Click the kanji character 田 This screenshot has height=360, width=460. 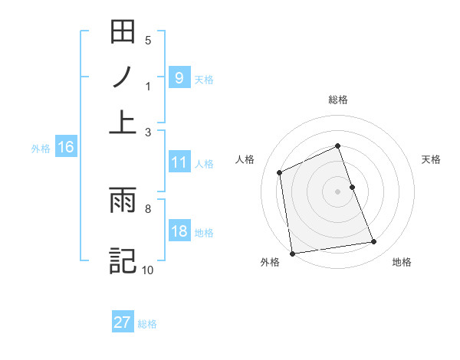tap(123, 33)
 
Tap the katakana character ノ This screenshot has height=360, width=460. tap(123, 77)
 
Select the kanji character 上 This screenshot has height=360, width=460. tap(123, 120)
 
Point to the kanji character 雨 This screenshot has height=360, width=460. tap(123, 203)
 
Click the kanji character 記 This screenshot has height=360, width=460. tap(123, 260)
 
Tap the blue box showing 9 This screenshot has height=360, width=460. tap(179, 78)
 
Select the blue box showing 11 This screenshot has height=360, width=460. tap(179, 162)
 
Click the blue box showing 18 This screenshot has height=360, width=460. tap(179, 232)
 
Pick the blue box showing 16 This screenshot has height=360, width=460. tap(66, 148)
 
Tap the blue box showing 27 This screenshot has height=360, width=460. tap(123, 322)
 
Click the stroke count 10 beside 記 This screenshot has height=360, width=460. tap(147, 270)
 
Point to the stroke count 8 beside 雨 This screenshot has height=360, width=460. tap(147, 208)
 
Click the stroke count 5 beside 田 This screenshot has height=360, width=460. tap(147, 40)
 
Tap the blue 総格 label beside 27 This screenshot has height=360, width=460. tap(147, 324)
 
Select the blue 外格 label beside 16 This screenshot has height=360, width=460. tap(41, 149)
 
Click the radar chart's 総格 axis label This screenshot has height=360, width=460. tap(337, 100)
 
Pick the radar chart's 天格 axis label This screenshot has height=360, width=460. tap(432, 159)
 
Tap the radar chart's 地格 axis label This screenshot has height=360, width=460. tap(402, 263)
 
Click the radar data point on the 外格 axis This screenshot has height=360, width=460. tap(292, 253)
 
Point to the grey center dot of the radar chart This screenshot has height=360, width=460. tap(337, 191)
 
